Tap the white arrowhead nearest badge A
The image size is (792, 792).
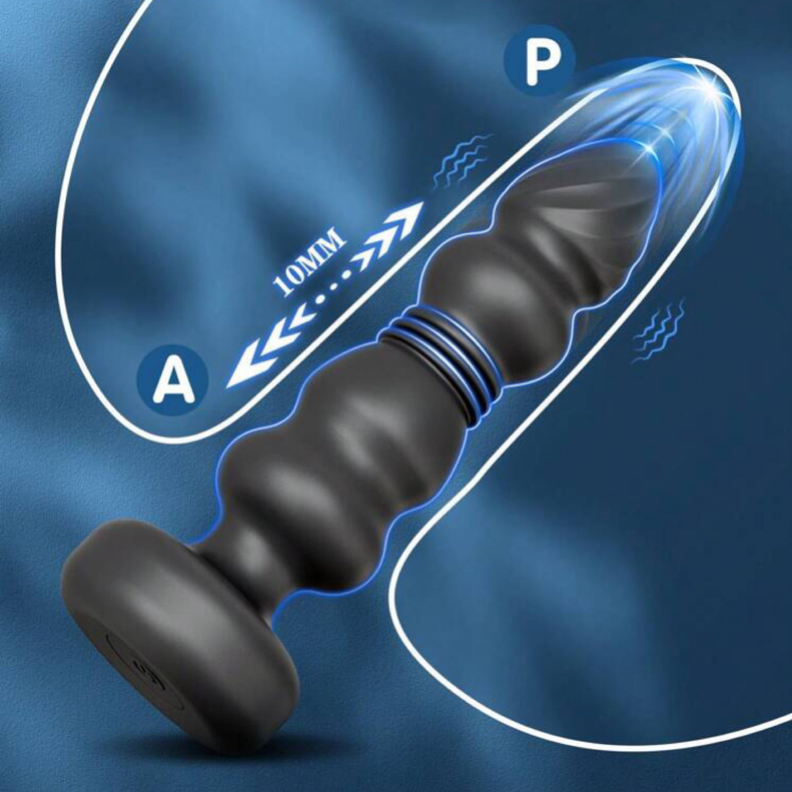tap(241, 372)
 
